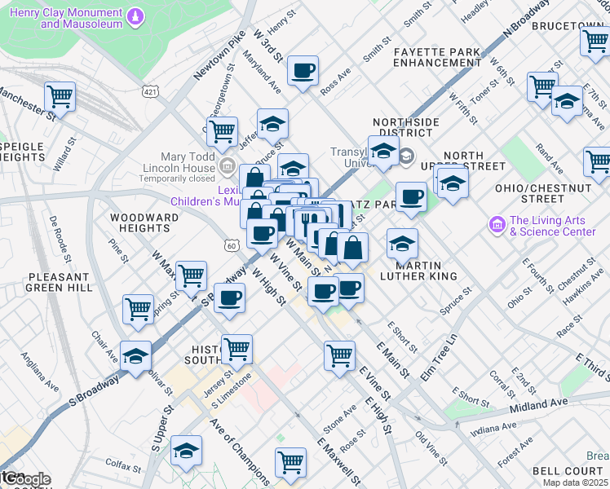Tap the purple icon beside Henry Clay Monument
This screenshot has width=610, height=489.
click(137, 16)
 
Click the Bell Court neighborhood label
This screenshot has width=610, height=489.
click(567, 471)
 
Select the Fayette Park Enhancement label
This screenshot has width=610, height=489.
click(436, 57)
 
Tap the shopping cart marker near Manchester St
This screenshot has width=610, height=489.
click(60, 96)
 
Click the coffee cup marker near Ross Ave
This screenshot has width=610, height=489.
click(303, 70)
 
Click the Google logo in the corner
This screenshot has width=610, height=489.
click(26, 479)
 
